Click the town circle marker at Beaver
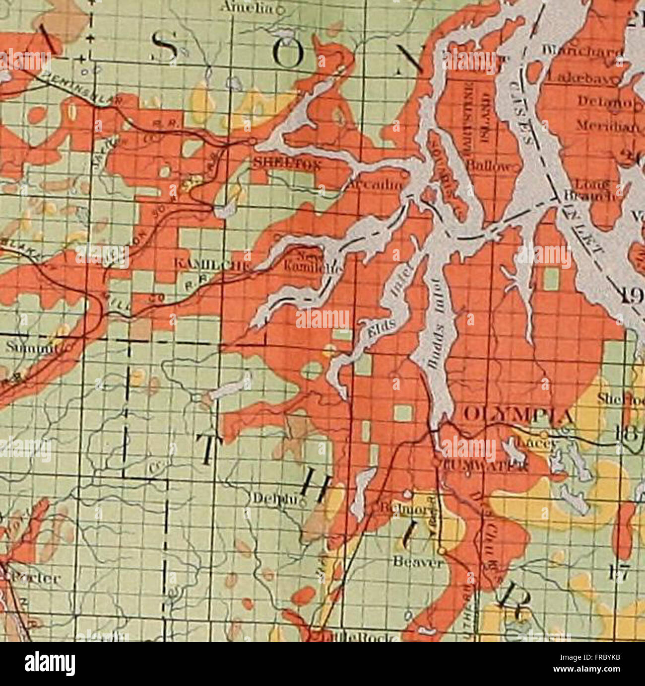(x=442, y=550)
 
